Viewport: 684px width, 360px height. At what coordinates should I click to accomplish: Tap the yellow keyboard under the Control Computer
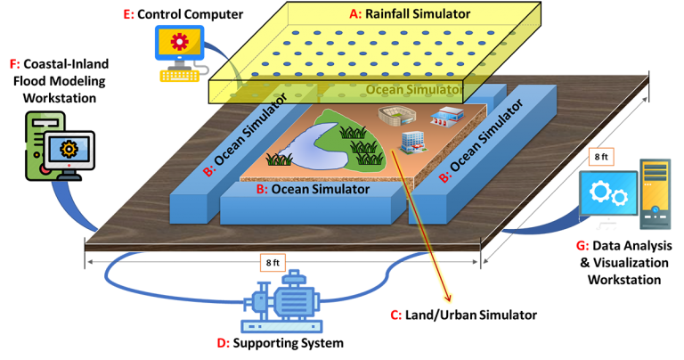pyautogui.click(x=179, y=76)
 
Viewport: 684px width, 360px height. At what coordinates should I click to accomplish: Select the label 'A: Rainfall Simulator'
pyautogui.click(x=410, y=14)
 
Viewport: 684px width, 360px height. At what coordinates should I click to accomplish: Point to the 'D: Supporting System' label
pyautogui.click(x=280, y=343)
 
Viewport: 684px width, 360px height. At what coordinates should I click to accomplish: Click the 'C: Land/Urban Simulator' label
pyautogui.click(x=463, y=315)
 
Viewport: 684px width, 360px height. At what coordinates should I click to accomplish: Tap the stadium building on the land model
pyautogui.click(x=396, y=116)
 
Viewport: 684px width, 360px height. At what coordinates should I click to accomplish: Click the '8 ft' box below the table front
pyautogui.click(x=273, y=263)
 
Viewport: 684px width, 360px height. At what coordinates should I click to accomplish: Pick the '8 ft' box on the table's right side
pyautogui.click(x=601, y=157)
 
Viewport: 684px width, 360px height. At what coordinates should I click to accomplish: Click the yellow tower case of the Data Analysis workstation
pyautogui.click(x=655, y=194)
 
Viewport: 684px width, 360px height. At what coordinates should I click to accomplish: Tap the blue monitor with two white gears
pyautogui.click(x=608, y=193)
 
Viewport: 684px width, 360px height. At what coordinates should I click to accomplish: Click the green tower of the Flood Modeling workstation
pyautogui.click(x=43, y=146)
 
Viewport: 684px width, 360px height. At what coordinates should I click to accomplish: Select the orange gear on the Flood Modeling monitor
pyautogui.click(x=69, y=150)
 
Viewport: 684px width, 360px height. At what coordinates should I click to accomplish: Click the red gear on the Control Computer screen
pyautogui.click(x=179, y=42)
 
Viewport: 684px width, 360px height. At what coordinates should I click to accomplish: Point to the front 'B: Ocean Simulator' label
pyautogui.click(x=313, y=189)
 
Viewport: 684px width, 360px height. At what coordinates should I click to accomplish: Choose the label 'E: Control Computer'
pyautogui.click(x=183, y=14)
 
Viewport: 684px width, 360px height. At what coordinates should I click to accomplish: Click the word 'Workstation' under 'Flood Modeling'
pyautogui.click(x=60, y=98)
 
